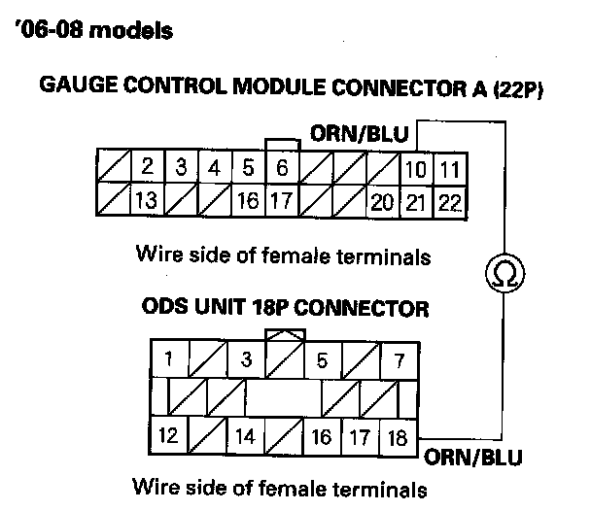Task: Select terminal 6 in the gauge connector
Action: pos(282,168)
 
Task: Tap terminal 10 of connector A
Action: pos(415,169)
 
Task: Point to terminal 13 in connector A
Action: pos(147,201)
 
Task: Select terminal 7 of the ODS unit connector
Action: pos(398,360)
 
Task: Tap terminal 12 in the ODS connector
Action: pos(169,435)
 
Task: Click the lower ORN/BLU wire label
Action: pos(473,456)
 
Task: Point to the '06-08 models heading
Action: pos(95,31)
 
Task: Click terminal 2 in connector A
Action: pos(147,168)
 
